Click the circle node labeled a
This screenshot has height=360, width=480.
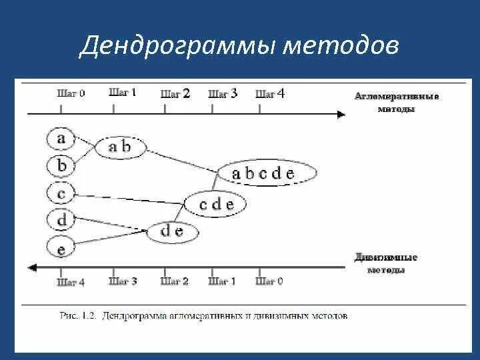click(61, 139)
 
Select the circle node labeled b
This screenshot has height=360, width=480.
click(61, 165)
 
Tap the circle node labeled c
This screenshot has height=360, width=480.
click(61, 194)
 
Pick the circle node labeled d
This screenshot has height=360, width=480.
click(61, 221)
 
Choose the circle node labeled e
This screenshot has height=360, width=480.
click(61, 248)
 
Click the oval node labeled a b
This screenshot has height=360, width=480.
click(121, 147)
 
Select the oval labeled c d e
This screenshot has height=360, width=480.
click(217, 204)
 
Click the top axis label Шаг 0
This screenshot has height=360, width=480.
click(71, 94)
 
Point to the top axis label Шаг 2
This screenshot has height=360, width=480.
click(175, 94)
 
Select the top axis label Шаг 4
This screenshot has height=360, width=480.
click(270, 94)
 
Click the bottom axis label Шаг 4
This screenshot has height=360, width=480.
click(71, 282)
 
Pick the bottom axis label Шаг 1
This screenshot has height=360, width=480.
click(222, 282)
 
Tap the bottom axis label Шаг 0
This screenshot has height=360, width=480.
click(269, 282)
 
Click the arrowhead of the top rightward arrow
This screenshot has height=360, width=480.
click(341, 115)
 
